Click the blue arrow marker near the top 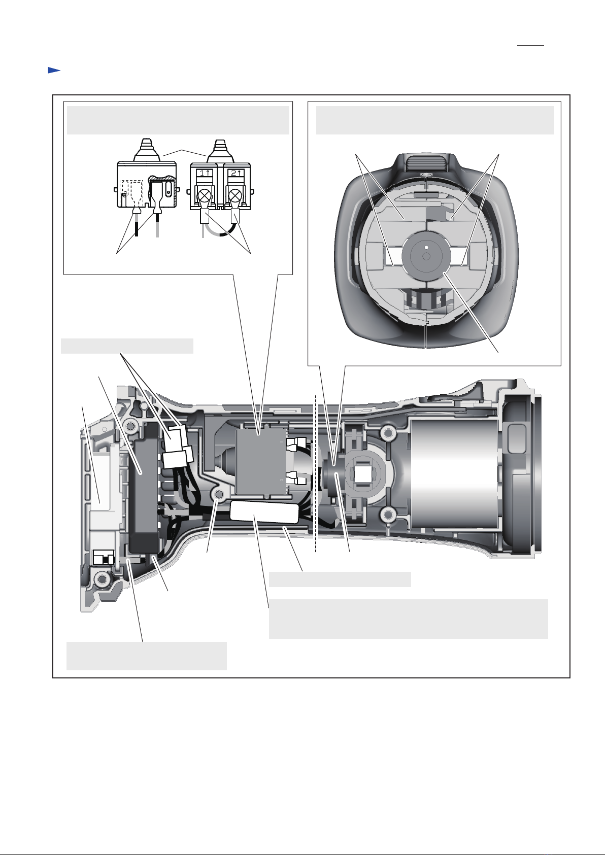click(54, 70)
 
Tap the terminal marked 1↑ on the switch click(204, 173)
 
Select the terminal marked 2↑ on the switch click(236, 173)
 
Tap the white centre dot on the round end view click(426, 247)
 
